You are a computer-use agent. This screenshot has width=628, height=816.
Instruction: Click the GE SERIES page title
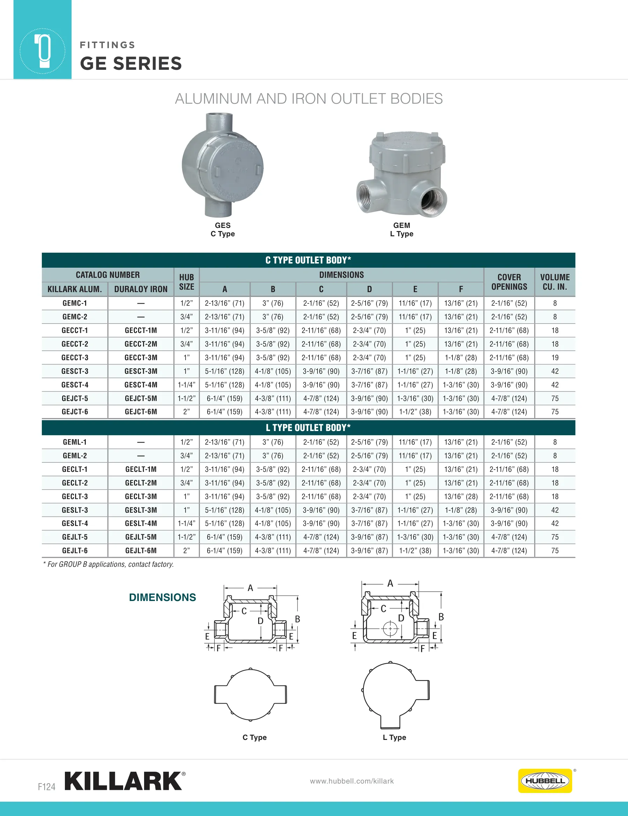[131, 63]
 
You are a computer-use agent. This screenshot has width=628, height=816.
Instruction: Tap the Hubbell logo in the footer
[545, 780]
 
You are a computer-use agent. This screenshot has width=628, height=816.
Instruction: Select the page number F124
[46, 787]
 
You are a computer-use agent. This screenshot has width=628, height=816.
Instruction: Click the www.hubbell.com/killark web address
[352, 781]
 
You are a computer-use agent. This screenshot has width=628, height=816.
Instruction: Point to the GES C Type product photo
[223, 165]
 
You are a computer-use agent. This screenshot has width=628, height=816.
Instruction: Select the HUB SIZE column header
[186, 282]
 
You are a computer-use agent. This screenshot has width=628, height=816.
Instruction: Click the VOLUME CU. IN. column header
[555, 282]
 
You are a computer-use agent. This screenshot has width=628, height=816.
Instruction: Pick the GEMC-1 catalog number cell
[75, 303]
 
